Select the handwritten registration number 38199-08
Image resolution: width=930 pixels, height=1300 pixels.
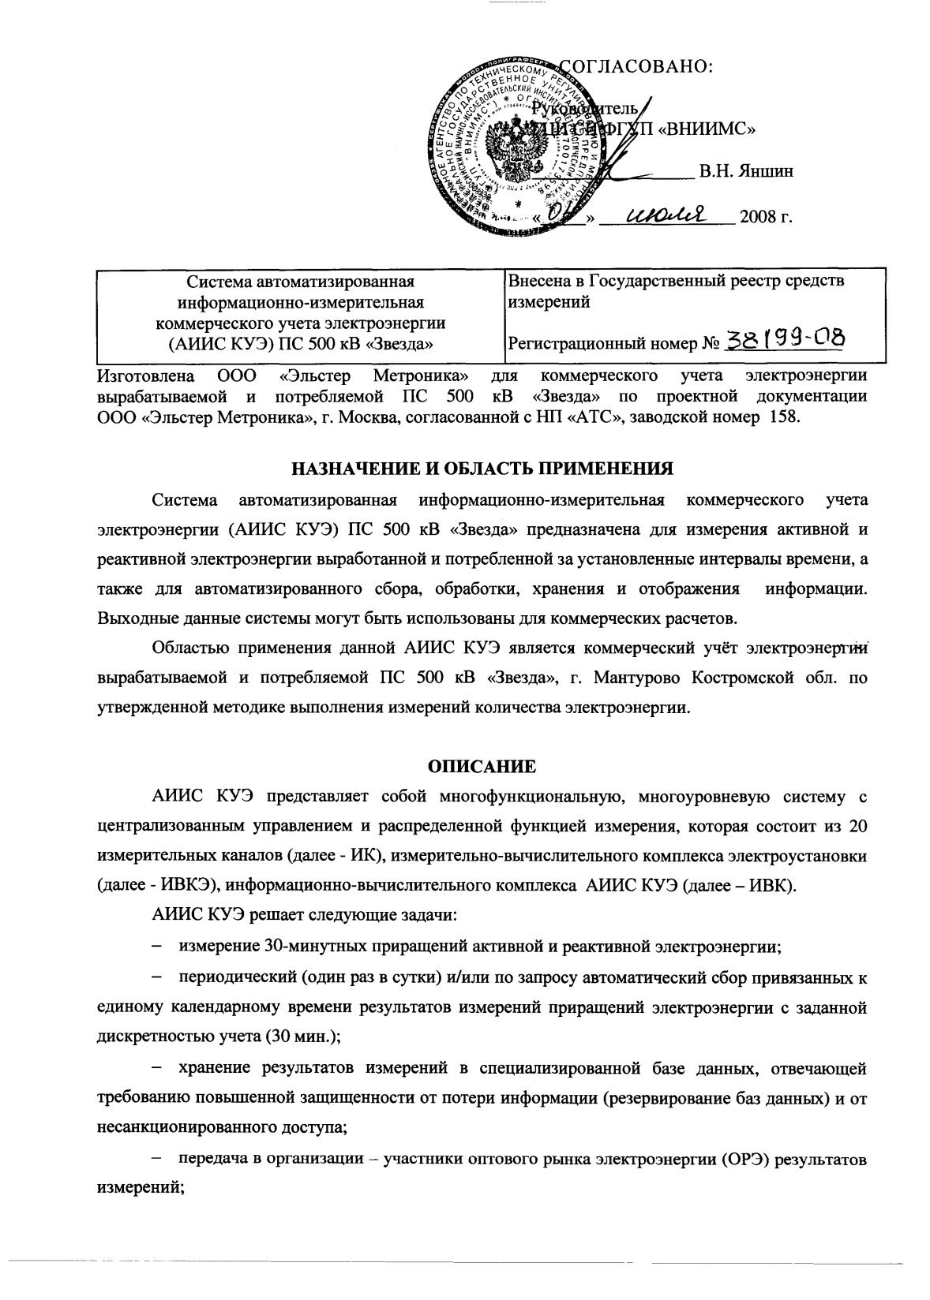[785, 340]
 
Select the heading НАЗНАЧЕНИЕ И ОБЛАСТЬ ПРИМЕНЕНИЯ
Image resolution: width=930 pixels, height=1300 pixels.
[482, 469]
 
